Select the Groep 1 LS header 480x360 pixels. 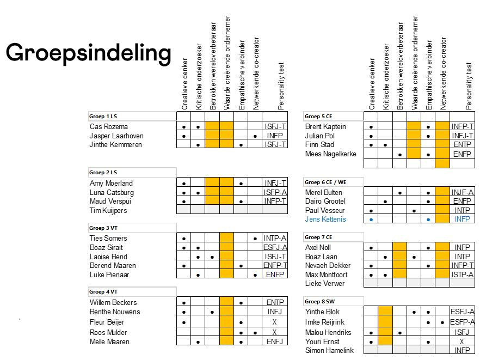103,117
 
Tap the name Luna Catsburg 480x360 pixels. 112,192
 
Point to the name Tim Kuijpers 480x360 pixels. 108,210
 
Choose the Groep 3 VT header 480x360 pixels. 103,228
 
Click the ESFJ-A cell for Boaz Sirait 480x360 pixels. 275,247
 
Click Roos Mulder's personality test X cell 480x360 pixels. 275,332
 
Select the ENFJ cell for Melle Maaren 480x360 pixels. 275,341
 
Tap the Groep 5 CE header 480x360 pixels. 319,117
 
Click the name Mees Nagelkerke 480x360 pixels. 330,154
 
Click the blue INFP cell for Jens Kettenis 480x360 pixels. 462,219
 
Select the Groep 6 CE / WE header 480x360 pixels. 325,182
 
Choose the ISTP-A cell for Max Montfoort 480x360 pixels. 462,274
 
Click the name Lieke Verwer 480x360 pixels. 325,284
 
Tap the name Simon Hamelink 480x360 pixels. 329,351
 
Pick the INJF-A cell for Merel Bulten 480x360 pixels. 462,192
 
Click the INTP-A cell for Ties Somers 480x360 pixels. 275,238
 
